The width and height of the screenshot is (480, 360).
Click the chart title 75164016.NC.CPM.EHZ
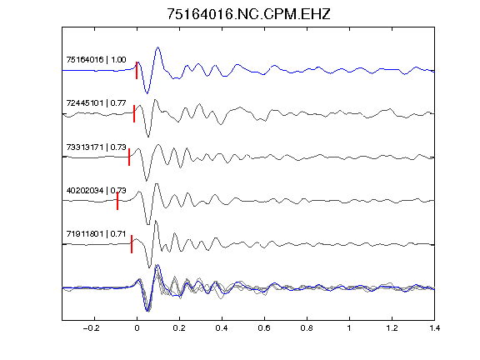click(248, 14)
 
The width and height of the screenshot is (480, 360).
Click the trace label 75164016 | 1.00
click(96, 59)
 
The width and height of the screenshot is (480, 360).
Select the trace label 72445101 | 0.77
click(96, 102)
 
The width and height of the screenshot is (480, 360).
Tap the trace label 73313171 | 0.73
click(96, 147)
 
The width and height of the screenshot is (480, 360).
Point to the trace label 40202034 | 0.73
click(96, 190)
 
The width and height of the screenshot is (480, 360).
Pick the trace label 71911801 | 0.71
click(96, 234)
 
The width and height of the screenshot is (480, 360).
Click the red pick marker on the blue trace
click(137, 70)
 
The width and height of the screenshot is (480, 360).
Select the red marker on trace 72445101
click(134, 113)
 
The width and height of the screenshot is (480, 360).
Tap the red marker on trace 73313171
click(129, 157)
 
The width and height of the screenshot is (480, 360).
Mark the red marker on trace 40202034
click(117, 201)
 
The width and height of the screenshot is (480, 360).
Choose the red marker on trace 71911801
click(132, 244)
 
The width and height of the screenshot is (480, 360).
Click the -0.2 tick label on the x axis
click(92, 328)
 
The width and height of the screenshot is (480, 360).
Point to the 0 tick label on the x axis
click(137, 328)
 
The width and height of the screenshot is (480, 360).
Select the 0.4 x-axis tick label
click(222, 328)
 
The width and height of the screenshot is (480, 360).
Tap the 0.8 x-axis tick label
click(307, 328)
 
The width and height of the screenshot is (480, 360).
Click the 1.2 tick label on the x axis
click(392, 328)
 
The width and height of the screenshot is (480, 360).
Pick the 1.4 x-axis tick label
click(434, 328)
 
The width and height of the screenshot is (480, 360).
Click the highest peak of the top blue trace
click(158, 47)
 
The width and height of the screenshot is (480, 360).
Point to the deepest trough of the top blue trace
click(147, 93)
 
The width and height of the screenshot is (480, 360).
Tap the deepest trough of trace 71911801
click(149, 267)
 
